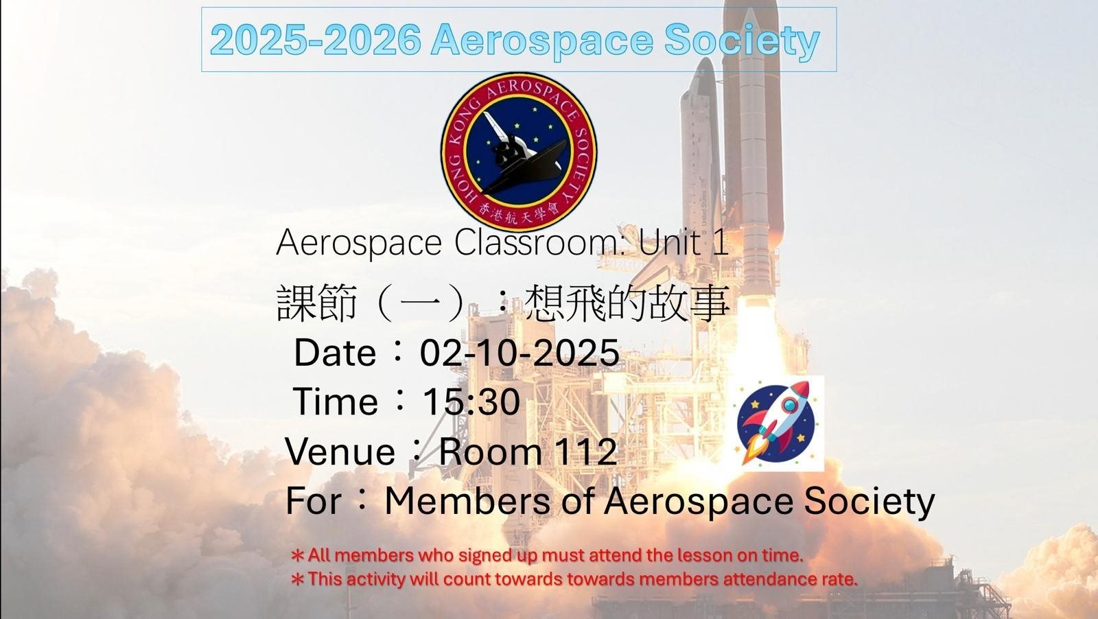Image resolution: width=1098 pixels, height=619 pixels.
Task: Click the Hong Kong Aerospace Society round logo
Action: pyautogui.click(x=519, y=152)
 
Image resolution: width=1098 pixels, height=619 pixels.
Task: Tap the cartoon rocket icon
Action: pyautogui.click(x=780, y=423)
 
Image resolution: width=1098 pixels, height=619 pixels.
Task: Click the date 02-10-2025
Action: pyautogui.click(x=519, y=352)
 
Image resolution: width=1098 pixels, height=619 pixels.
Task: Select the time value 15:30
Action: pyautogui.click(x=471, y=402)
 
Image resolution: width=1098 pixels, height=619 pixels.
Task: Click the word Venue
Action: pyautogui.click(x=340, y=452)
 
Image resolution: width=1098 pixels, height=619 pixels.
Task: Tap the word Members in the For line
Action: pyautogui.click(x=467, y=501)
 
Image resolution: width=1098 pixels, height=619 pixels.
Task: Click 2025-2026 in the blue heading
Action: pyautogui.click(x=316, y=40)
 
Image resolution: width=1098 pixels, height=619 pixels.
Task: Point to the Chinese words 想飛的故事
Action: pyautogui.click(x=627, y=303)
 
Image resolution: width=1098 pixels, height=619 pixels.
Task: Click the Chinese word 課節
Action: pyautogui.click(x=316, y=303)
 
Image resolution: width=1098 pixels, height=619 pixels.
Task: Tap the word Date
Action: pyautogui.click(x=335, y=352)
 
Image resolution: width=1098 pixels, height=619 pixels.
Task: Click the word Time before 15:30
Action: pyautogui.click(x=336, y=402)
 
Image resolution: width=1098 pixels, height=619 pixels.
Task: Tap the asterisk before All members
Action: pyautogui.click(x=298, y=556)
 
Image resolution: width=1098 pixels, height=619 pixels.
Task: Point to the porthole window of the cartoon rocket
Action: pyautogui.click(x=790, y=405)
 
